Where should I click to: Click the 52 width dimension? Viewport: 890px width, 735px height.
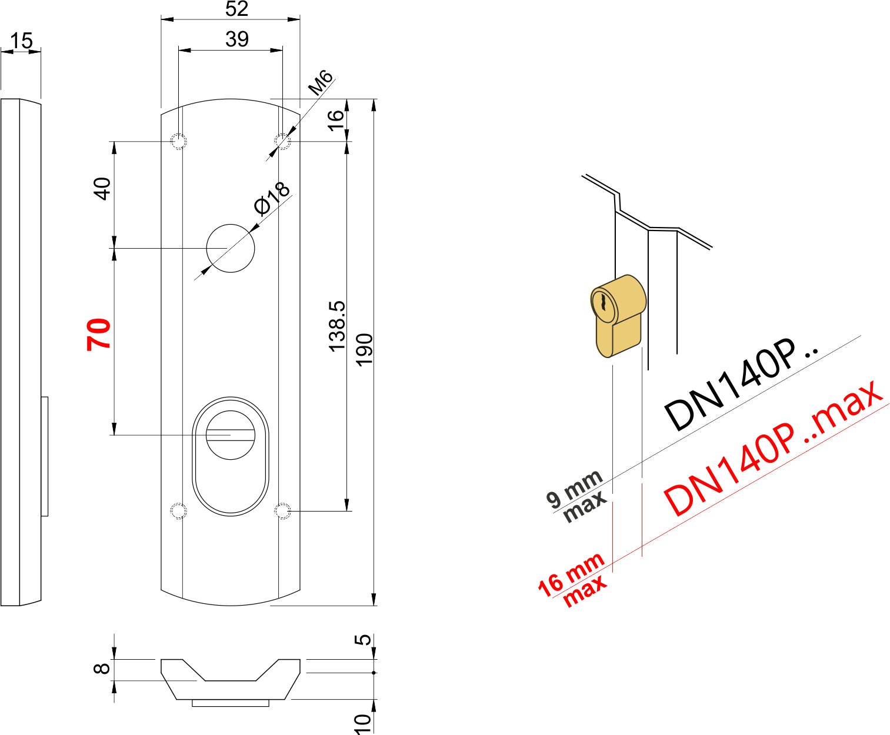[x=236, y=8]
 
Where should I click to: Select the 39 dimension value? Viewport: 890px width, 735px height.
[x=236, y=39]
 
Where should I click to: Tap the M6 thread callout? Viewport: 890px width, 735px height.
[x=321, y=82]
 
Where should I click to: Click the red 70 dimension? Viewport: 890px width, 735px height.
[x=99, y=334]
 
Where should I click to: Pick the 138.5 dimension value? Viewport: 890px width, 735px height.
[x=337, y=326]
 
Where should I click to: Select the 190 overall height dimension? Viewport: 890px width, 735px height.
[x=365, y=349]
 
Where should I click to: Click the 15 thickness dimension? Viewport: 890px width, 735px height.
[x=21, y=41]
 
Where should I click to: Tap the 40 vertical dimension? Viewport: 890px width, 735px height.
[x=102, y=189]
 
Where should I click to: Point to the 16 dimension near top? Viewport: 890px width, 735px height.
[x=335, y=120]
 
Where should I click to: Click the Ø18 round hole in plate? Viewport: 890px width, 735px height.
[x=231, y=248]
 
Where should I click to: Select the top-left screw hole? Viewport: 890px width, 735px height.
[x=178, y=141]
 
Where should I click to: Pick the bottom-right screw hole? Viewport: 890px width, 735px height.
[x=283, y=511]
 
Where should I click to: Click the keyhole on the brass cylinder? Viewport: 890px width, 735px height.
[x=604, y=303]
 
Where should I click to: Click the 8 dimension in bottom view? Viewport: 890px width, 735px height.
[x=102, y=669]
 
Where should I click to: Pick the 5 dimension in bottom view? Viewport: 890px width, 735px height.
[x=365, y=639]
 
